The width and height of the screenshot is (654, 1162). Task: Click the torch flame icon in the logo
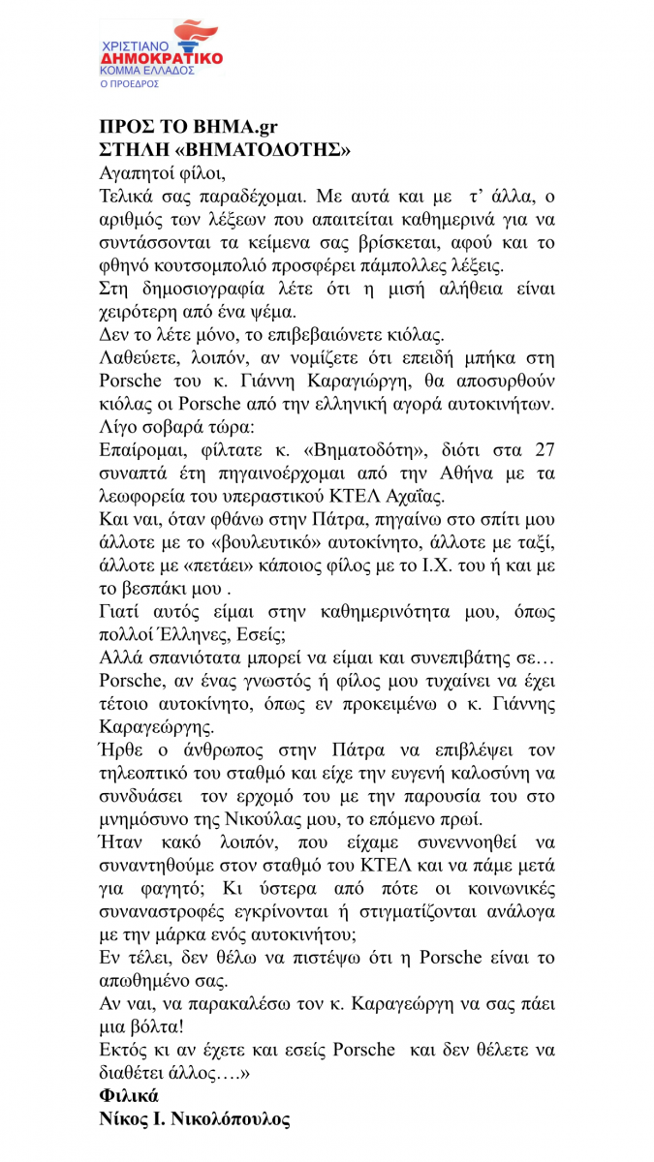point(191,34)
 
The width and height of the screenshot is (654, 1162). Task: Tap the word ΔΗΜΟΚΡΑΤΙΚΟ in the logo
point(162,58)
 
